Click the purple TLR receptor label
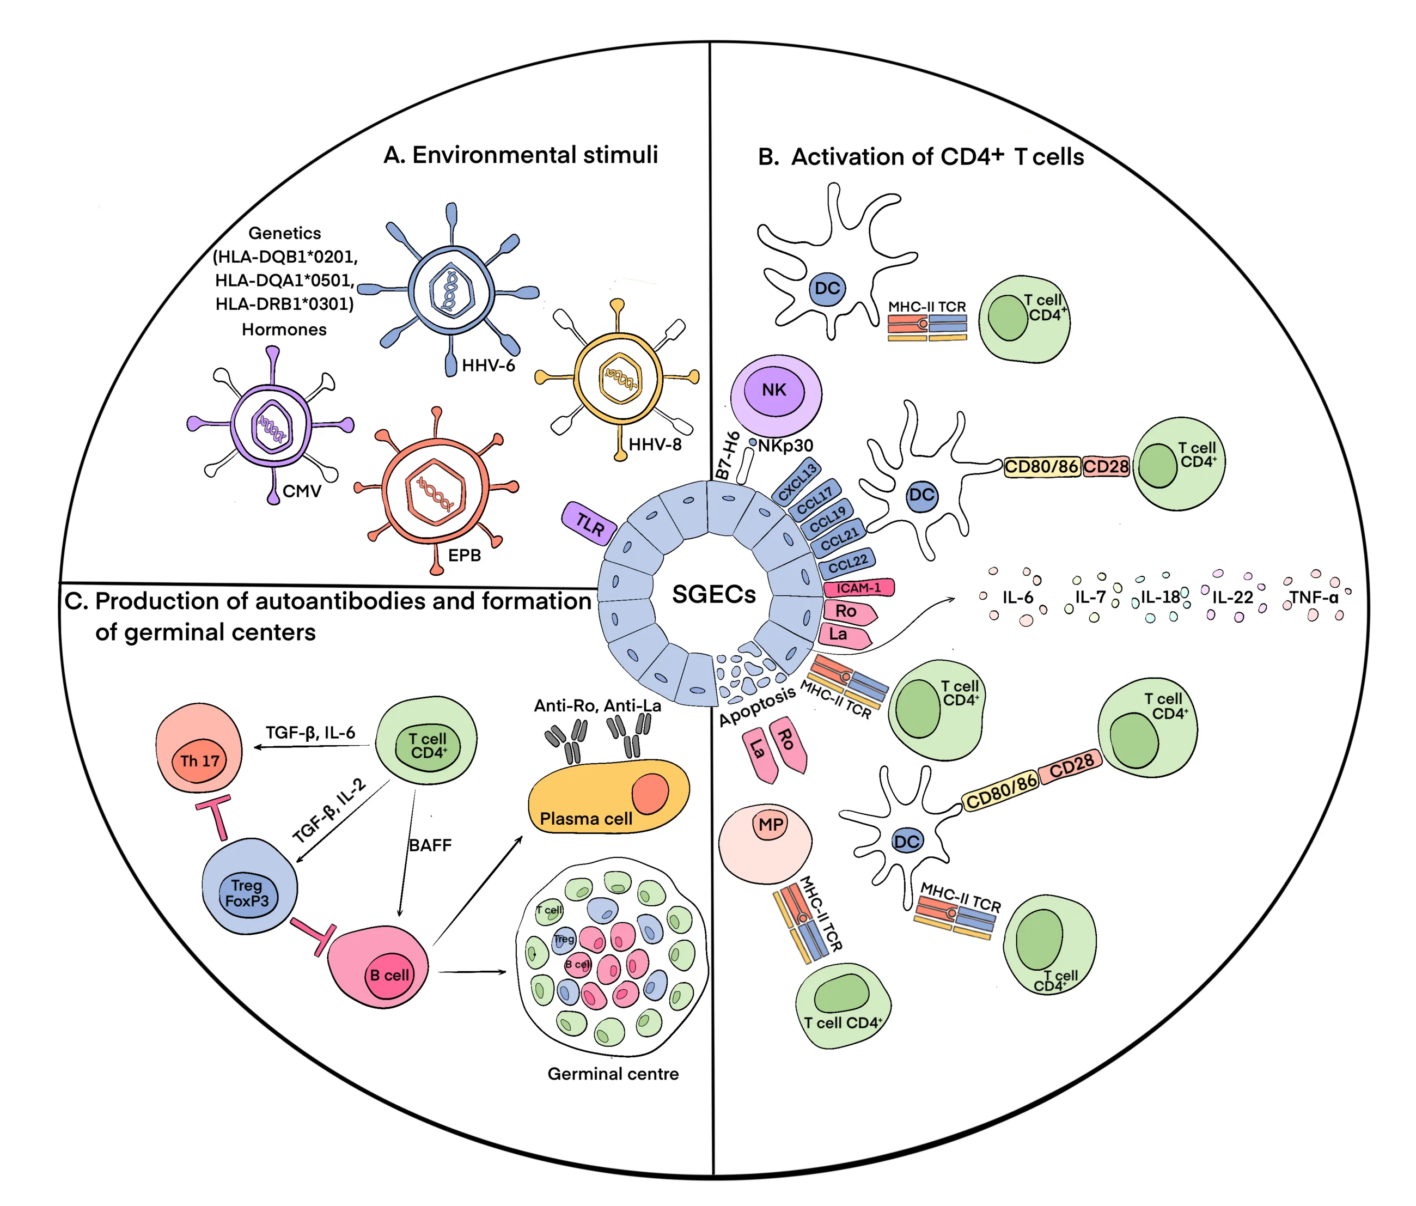pos(590,523)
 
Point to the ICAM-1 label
pos(859,588)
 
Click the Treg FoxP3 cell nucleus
pos(247,893)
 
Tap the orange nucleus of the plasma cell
pos(649,793)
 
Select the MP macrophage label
pos(771,825)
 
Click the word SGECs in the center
pos(714,594)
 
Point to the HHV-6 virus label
pos(488,365)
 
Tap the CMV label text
pos(301,491)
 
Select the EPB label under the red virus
pos(464,555)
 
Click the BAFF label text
pos(430,846)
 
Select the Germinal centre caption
pos(613,1074)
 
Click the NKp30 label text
pos(785,446)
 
